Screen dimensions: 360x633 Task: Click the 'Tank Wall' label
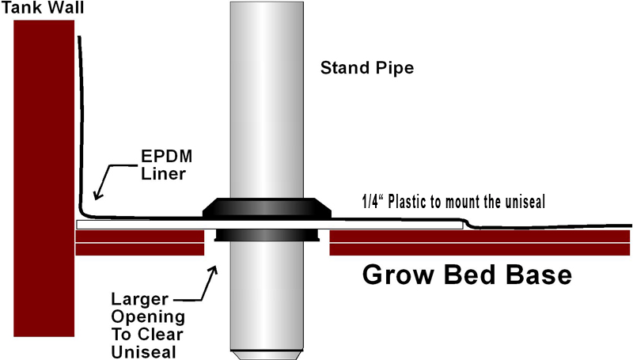pyautogui.click(x=36, y=8)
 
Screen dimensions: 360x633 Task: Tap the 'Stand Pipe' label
pyautogui.click(x=367, y=68)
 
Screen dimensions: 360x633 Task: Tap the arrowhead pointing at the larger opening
pyautogui.click(x=213, y=267)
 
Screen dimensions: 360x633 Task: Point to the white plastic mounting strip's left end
pyautogui.click(x=81, y=225)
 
